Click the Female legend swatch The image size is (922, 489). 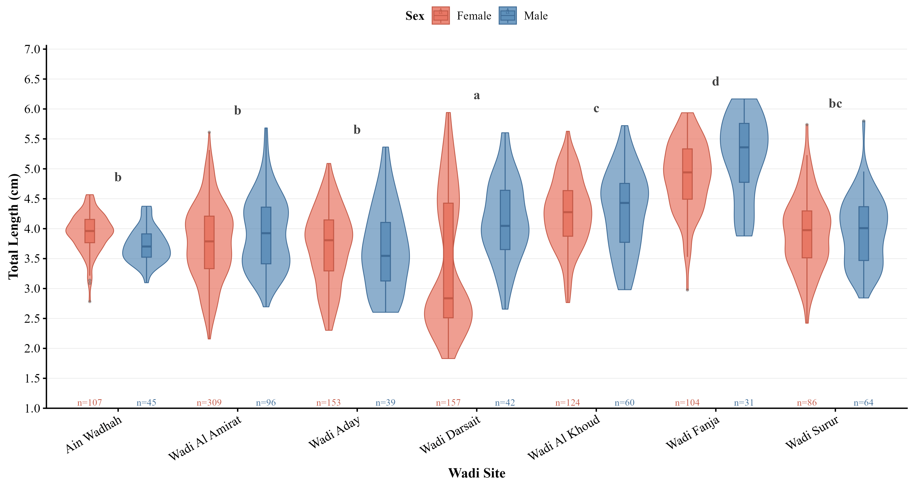(x=441, y=16)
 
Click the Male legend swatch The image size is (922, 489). (x=508, y=16)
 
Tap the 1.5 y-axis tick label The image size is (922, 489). (x=32, y=378)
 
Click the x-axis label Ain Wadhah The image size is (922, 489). (x=94, y=435)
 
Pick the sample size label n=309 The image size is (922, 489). (x=209, y=403)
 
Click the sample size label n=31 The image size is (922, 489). (x=744, y=403)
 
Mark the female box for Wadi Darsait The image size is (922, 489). (x=449, y=260)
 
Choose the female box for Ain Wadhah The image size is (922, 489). (x=90, y=231)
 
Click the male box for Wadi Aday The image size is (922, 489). (x=385, y=252)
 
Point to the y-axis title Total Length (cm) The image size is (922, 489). (x=13, y=227)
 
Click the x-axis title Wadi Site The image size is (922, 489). (x=477, y=473)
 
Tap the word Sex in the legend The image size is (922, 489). (x=415, y=16)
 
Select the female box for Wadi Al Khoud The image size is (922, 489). (x=568, y=213)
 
